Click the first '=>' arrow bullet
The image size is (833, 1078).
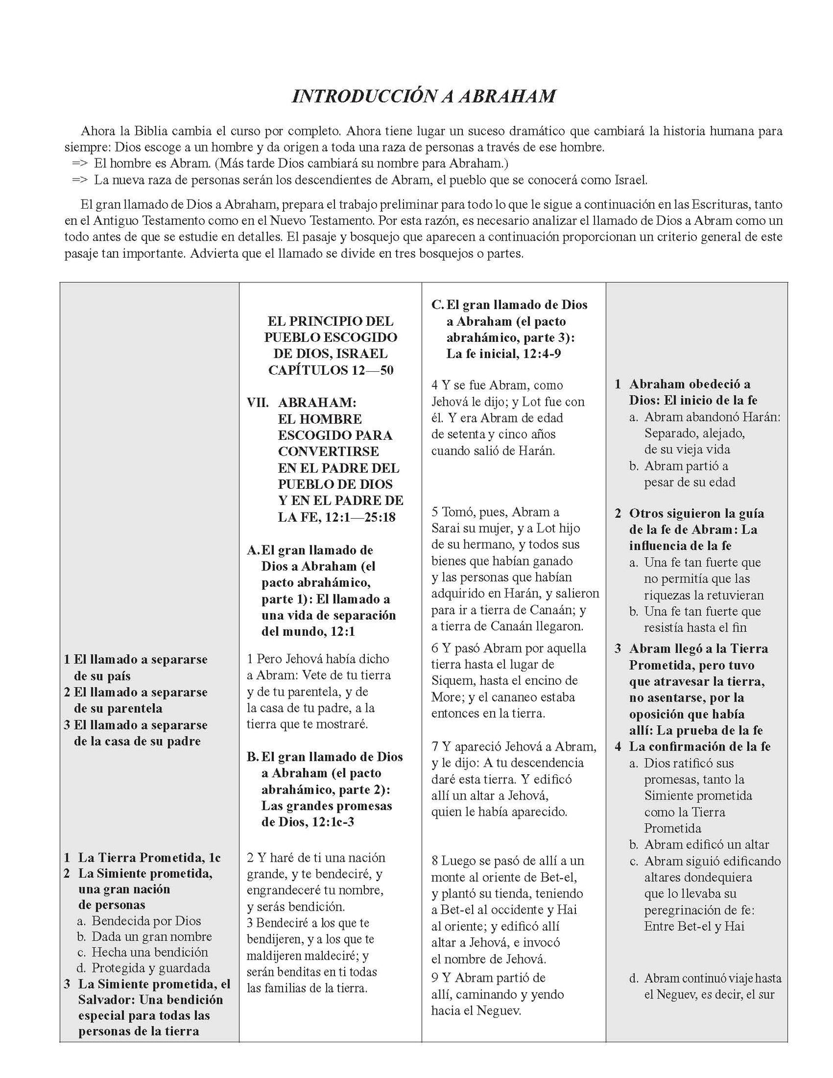[80, 163]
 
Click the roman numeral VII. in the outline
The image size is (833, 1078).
[258, 402]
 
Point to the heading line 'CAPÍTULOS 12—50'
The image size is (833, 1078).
[331, 370]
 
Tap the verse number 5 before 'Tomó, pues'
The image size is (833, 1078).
[435, 512]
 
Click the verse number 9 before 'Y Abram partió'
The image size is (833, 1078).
[435, 978]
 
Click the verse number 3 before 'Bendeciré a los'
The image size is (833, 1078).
[250, 923]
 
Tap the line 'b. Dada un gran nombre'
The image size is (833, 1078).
[144, 936]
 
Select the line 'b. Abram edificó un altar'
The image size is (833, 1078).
[699, 845]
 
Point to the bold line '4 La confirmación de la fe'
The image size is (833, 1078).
[692, 747]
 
